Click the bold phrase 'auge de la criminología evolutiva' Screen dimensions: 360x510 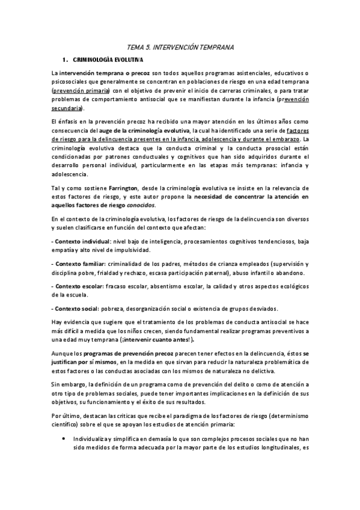[x=148, y=130]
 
